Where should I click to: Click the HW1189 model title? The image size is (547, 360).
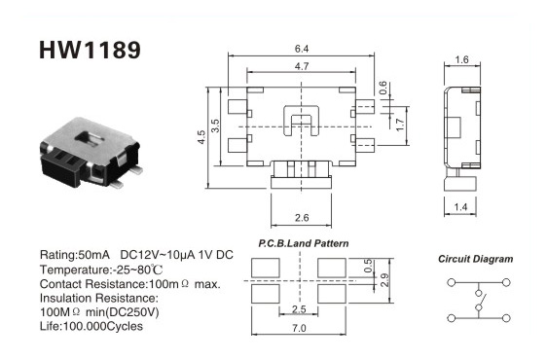(x=90, y=50)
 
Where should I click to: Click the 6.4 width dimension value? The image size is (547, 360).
(x=302, y=49)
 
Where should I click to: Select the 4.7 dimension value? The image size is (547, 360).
(x=302, y=66)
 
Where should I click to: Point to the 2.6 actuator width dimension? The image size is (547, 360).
(x=302, y=218)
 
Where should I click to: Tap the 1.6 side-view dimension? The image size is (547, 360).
(x=461, y=59)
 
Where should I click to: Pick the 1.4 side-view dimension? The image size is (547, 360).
(x=460, y=207)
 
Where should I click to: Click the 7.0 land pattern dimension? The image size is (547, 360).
(x=299, y=328)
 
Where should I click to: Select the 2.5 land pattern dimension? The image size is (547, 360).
(x=299, y=309)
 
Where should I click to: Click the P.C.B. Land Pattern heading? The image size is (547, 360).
(x=303, y=243)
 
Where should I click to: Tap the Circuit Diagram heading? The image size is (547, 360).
(x=476, y=259)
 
